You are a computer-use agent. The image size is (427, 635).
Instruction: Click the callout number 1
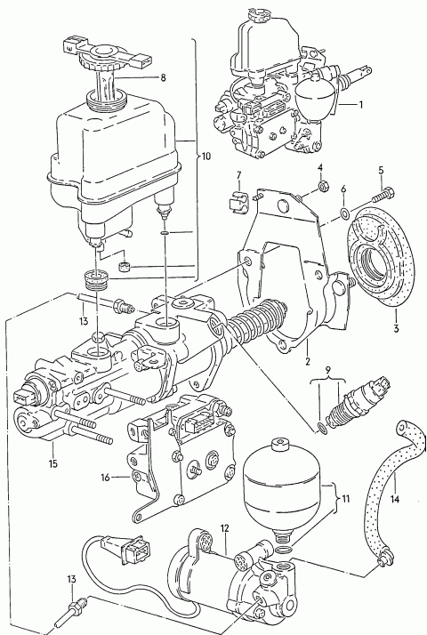pos(359,104)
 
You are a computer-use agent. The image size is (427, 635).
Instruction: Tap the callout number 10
pos(205,157)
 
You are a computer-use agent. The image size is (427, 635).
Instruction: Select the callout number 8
pos(164,77)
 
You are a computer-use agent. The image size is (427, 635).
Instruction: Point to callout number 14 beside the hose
pos(395,499)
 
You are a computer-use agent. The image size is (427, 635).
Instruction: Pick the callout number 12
pos(225,528)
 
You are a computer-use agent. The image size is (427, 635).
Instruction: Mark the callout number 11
pos(345,499)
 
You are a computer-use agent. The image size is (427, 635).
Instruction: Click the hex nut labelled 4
pos(323,186)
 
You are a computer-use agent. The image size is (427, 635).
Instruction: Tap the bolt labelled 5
pos(383,194)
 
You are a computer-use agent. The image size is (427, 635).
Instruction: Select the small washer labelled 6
pos(344,213)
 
